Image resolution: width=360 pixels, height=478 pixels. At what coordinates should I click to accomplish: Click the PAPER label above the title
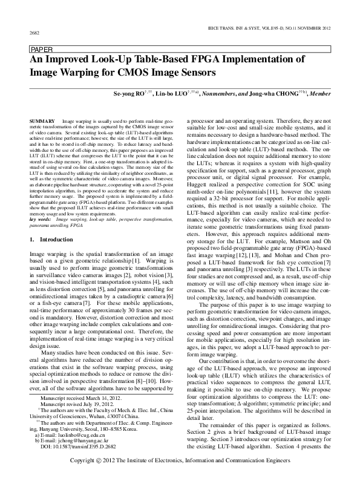pyautogui.click(x=41, y=49)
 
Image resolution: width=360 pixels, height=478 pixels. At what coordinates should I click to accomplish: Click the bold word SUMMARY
pyautogui.click(x=42, y=122)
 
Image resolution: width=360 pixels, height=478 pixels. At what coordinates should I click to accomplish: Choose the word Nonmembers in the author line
pyautogui.click(x=238, y=94)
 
